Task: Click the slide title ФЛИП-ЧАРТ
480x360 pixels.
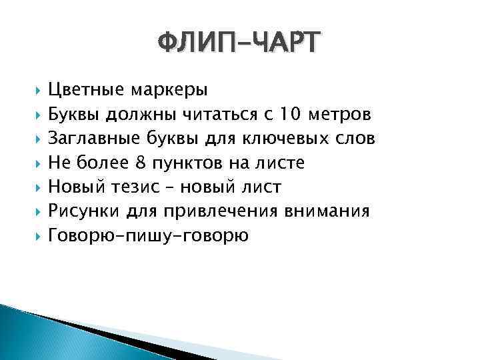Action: click(x=239, y=44)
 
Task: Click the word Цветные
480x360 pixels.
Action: click(x=87, y=89)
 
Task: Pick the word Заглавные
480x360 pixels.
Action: click(x=91, y=138)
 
